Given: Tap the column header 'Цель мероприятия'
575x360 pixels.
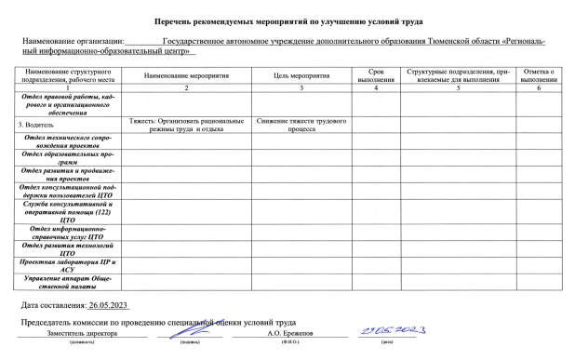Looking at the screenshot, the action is click(x=301, y=75).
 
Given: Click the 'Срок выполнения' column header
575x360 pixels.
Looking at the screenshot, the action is click(x=376, y=75).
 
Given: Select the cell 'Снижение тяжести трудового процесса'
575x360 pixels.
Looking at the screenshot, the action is click(x=301, y=126).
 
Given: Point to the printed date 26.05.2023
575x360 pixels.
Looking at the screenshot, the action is click(x=112, y=306).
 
